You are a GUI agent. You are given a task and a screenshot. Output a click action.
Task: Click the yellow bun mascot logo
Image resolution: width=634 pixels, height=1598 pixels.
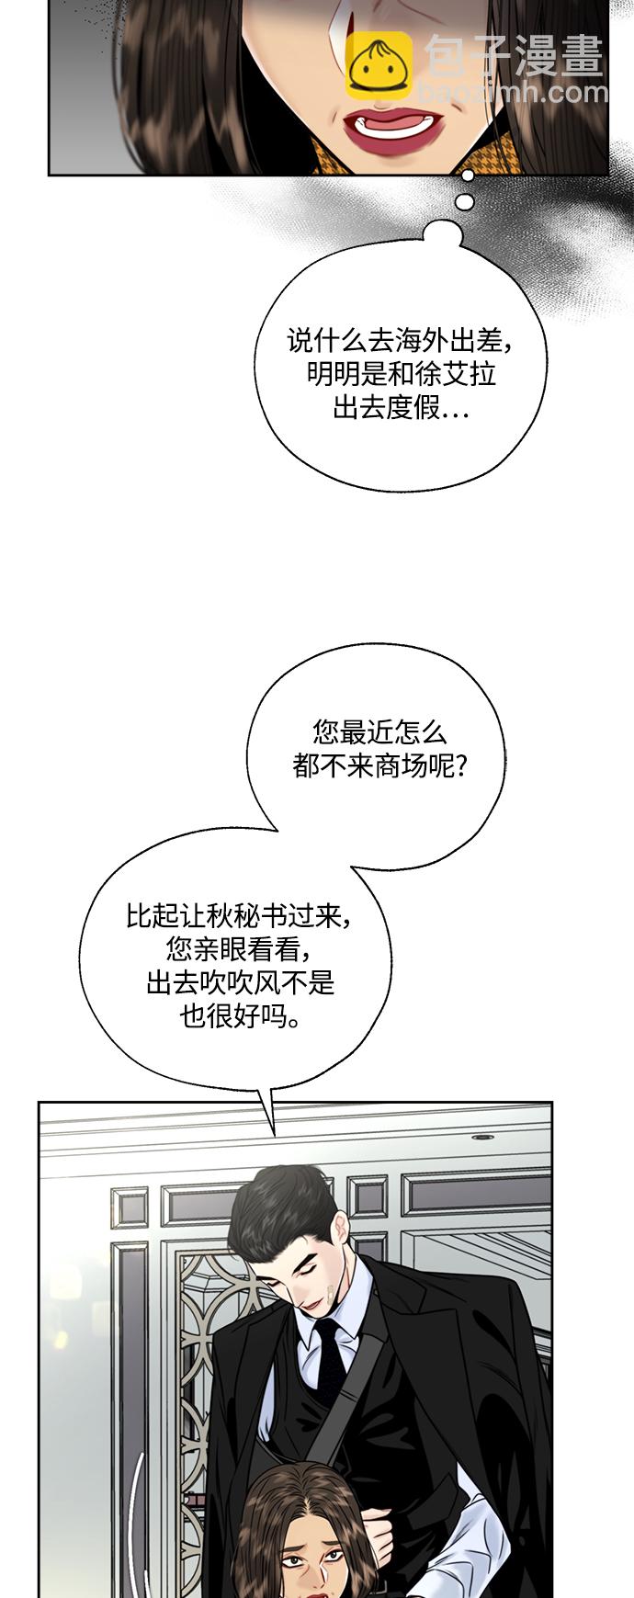click(379, 64)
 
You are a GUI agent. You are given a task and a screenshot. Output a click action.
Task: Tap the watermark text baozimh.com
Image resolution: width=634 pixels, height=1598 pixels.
click(513, 93)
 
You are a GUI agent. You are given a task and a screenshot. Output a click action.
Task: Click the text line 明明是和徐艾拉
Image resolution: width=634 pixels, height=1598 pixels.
click(401, 374)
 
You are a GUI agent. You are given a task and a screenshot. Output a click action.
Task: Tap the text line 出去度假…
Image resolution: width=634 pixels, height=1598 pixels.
click(401, 407)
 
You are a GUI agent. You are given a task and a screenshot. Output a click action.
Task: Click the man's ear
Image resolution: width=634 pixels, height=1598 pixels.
click(341, 1231)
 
